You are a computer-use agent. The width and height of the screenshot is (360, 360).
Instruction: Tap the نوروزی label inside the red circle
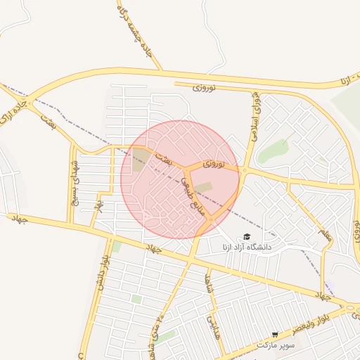(214, 163)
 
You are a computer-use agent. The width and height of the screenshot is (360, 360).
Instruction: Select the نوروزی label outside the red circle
(203, 86)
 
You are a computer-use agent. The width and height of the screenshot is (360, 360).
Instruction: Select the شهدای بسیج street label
(73, 181)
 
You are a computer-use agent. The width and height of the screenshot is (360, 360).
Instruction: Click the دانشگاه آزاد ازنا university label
(246, 247)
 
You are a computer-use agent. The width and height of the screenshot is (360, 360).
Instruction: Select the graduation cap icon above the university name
(246, 237)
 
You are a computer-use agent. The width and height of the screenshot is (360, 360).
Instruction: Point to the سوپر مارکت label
(274, 345)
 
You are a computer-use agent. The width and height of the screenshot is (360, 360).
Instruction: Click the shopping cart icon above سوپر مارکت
(274, 335)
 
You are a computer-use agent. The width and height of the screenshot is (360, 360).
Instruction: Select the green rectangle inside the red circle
(203, 187)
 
